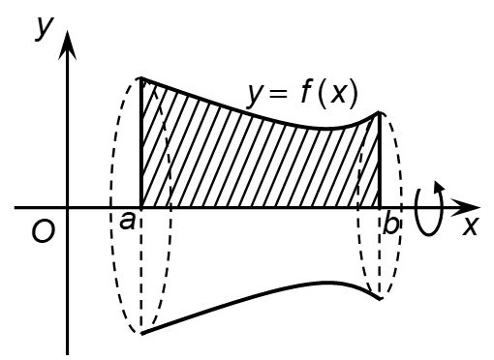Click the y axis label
pos(44,27)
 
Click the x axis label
pos(471,225)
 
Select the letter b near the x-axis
pos(389,225)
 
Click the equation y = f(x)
pos(302,94)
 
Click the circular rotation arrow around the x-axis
pos(429,208)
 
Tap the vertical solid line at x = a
pos(142,145)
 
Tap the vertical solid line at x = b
pos(379,160)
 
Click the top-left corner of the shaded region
pos(142,78)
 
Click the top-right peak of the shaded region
pos(379,113)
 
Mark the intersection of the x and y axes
pos(68,207)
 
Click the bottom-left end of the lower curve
pos(142,333)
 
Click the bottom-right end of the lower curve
pos(380,299)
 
